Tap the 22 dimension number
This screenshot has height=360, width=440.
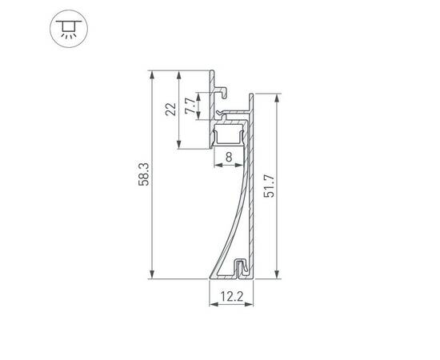click(x=170, y=110)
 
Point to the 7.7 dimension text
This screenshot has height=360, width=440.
click(x=190, y=108)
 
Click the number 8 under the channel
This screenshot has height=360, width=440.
click(x=230, y=159)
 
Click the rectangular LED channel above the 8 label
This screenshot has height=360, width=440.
click(x=230, y=133)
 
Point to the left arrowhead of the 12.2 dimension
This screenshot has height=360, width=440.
click(x=212, y=305)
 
